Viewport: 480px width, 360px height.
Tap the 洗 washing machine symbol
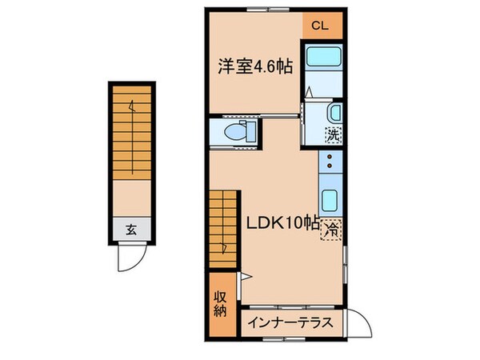(334, 135)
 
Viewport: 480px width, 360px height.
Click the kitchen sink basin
(330, 199)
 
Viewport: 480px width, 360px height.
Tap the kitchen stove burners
(330, 163)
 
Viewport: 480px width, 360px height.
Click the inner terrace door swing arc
(359, 323)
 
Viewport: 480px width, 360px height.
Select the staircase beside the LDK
(225, 227)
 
